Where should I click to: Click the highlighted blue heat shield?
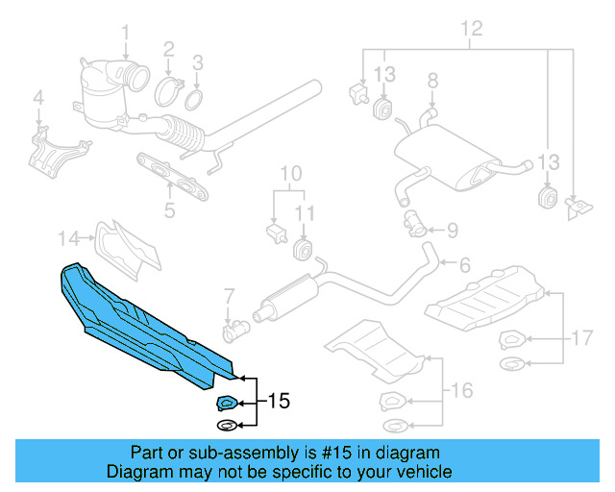click(144, 322)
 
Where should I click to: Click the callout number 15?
click(277, 401)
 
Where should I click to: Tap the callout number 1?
click(125, 38)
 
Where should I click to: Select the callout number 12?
click(469, 30)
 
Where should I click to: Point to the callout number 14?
click(67, 237)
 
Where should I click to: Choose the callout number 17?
click(582, 337)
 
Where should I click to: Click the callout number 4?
click(38, 97)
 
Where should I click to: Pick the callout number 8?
click(431, 79)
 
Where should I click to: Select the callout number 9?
click(452, 230)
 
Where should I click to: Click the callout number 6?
click(463, 264)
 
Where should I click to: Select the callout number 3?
click(196, 64)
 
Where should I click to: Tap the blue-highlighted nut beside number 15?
click(227, 404)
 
